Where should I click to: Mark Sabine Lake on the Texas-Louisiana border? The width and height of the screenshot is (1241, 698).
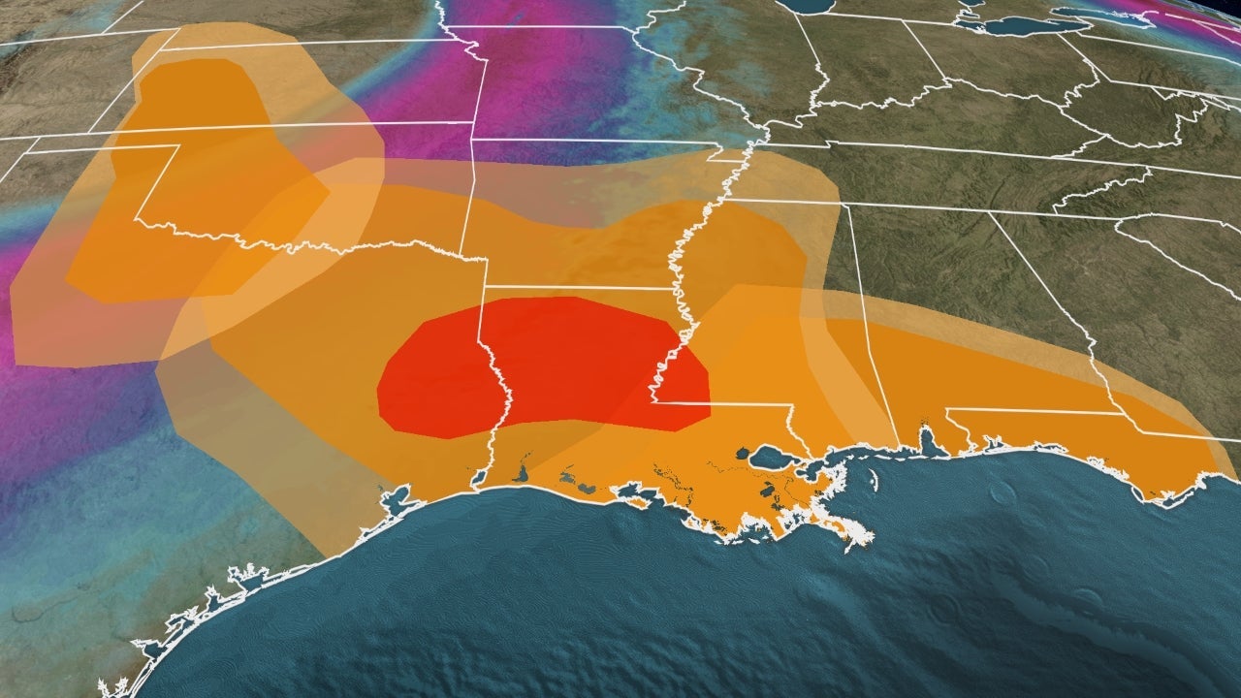pyautogui.click(x=478, y=478)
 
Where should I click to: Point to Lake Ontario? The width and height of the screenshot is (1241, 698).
pyautogui.click(x=1202, y=8)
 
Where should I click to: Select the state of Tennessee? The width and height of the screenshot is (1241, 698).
pyautogui.click(x=921, y=179)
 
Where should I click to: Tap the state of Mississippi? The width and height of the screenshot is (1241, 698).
pyautogui.click(x=756, y=320)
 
